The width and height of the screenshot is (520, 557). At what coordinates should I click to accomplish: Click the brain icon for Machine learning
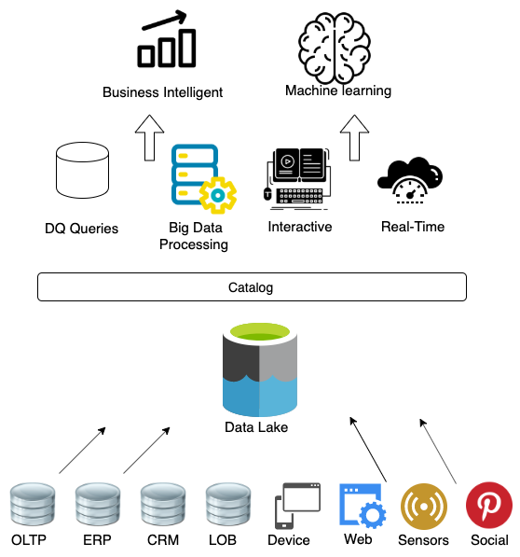click(x=335, y=48)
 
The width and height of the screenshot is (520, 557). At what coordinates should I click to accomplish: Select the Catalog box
click(x=252, y=287)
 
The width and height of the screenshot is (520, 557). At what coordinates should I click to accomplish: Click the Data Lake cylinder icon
click(x=260, y=369)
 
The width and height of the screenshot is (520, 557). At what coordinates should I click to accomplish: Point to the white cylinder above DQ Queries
click(x=82, y=170)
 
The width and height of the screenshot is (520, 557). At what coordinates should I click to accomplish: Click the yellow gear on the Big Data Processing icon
click(x=218, y=195)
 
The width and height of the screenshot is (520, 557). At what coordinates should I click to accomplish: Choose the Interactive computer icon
click(x=298, y=179)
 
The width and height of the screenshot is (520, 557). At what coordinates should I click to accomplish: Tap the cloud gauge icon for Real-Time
click(x=410, y=180)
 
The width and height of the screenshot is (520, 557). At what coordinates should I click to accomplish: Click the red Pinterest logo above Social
click(x=489, y=505)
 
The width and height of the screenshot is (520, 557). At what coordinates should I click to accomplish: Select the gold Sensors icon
click(x=423, y=507)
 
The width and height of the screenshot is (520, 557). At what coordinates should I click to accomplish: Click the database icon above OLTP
click(x=33, y=504)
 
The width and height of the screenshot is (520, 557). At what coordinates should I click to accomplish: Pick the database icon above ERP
click(x=98, y=504)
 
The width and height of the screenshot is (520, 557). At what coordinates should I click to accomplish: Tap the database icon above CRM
click(x=163, y=504)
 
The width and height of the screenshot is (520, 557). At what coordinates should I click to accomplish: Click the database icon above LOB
click(x=228, y=504)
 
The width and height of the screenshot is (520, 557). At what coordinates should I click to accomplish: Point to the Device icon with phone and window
click(x=297, y=506)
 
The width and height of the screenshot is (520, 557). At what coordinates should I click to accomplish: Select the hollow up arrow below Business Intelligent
click(x=149, y=137)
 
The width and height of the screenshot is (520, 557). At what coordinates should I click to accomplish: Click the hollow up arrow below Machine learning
click(x=354, y=137)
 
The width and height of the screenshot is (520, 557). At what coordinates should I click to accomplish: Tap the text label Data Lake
click(x=256, y=427)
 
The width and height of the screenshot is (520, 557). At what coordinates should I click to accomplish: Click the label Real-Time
click(x=413, y=227)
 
